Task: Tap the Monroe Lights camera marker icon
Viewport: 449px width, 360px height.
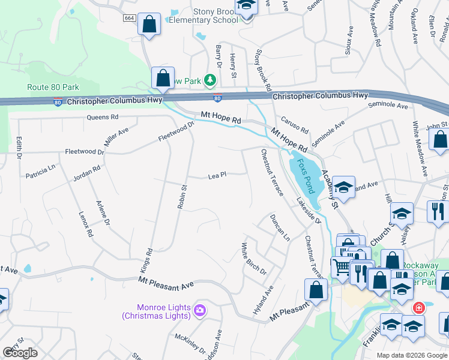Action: (x=200, y=311)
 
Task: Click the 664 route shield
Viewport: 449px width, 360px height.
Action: (x=129, y=19)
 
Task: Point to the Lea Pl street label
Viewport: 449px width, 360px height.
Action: (x=216, y=175)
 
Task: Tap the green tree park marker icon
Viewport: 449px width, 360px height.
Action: (x=209, y=80)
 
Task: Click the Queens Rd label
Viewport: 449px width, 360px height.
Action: (x=103, y=117)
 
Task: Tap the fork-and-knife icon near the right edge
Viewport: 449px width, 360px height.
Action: (x=436, y=211)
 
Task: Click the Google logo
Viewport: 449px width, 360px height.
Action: (x=20, y=353)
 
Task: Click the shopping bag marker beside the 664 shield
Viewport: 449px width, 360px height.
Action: (x=149, y=25)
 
